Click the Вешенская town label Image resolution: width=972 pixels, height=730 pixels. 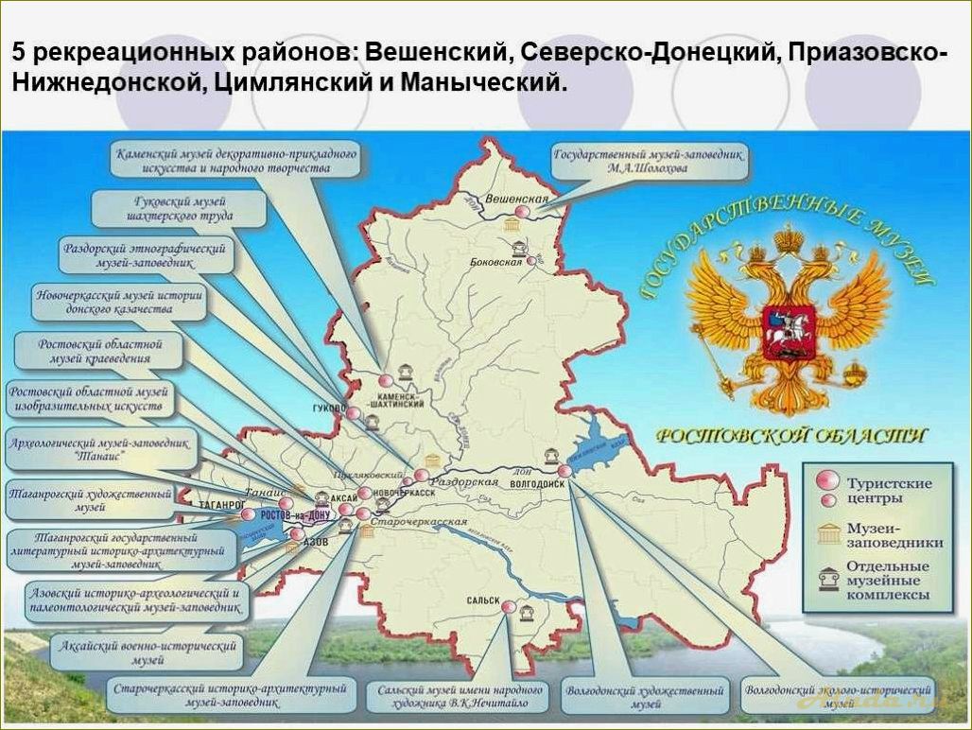click(516, 200)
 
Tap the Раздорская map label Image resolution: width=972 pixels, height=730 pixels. click(463, 481)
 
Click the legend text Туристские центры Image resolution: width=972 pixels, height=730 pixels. click(889, 490)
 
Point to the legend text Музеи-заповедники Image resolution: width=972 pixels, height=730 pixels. click(894, 534)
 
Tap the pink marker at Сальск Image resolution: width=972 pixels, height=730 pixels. click(509, 607)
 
